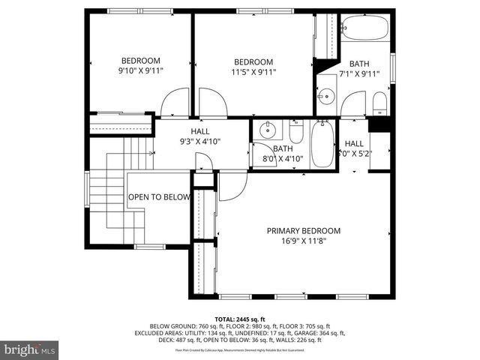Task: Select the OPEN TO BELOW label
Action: [158, 197]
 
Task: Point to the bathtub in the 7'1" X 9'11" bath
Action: [364, 29]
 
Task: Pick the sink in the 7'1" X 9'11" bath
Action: [327, 97]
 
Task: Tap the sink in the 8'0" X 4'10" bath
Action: [268, 132]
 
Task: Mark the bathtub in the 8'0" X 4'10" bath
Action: [322, 145]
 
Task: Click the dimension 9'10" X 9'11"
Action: [141, 71]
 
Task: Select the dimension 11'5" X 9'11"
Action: [253, 72]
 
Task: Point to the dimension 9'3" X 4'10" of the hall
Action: [199, 140]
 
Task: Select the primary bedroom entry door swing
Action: [232, 186]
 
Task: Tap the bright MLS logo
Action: [30, 349]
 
